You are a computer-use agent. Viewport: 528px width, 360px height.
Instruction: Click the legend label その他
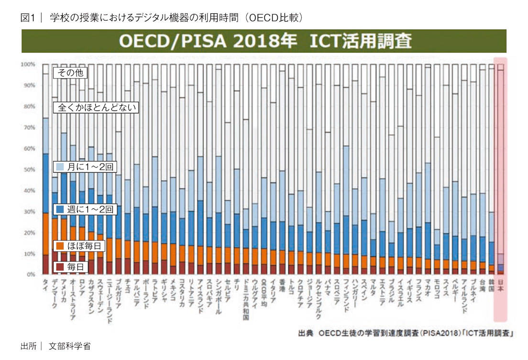71,73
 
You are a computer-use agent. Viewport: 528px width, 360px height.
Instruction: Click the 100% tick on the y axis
29,64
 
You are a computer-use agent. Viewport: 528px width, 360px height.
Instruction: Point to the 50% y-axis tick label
30,170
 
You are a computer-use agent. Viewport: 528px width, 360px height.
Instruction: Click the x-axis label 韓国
491,286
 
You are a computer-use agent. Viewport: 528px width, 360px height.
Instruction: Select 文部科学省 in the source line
70,346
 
